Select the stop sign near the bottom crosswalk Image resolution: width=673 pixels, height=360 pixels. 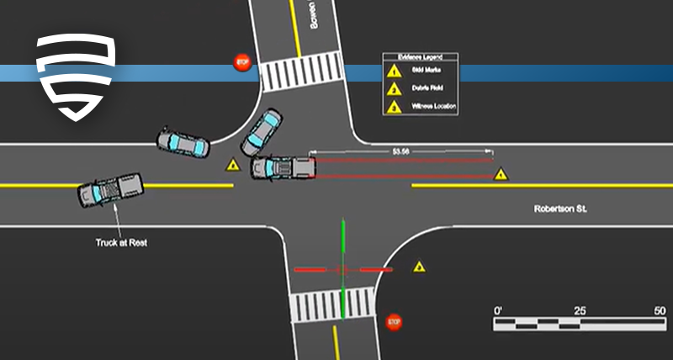point(394,322)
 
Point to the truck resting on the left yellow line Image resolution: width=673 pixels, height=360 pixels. point(110,189)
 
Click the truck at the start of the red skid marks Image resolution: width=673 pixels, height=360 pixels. point(284,167)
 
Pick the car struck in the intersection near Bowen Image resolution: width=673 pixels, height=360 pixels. point(262,132)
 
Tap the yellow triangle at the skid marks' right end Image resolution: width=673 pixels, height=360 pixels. point(501,175)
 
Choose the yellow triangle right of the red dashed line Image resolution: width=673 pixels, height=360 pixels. point(419,267)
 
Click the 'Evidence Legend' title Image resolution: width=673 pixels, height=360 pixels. point(421,57)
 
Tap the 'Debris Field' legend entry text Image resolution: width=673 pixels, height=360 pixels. point(427,88)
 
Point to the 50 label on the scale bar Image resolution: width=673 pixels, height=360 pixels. point(659,310)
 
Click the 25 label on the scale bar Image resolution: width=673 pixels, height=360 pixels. point(580,310)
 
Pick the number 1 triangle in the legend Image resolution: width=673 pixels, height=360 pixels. point(393,71)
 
